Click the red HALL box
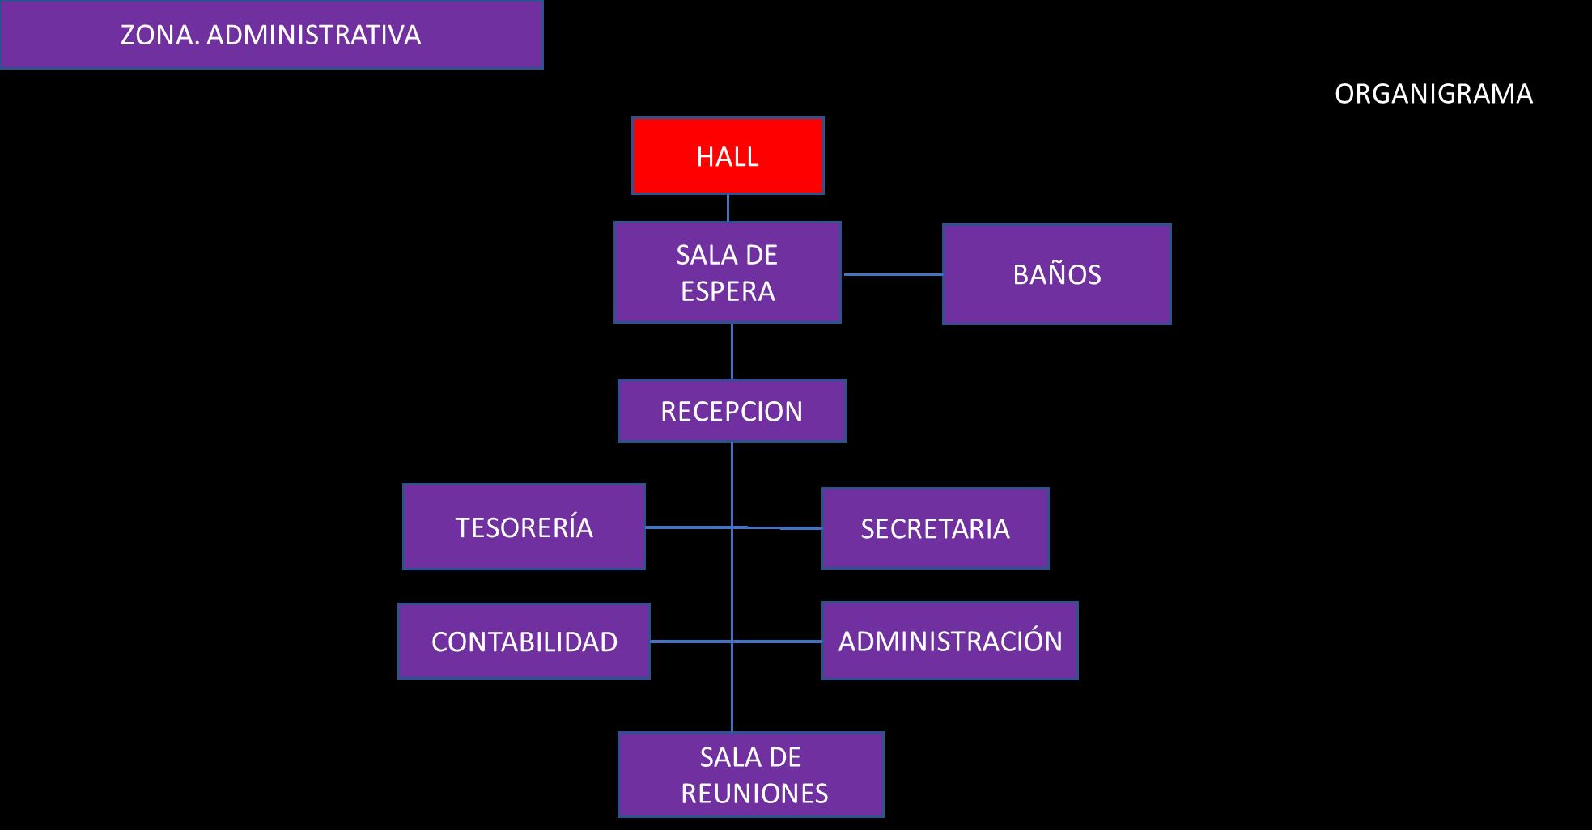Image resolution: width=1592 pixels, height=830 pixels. click(x=728, y=155)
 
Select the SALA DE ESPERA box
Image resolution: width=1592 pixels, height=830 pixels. click(x=727, y=273)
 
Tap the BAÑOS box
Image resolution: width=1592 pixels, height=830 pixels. click(x=1056, y=274)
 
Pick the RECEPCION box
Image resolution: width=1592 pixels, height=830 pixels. click(x=732, y=411)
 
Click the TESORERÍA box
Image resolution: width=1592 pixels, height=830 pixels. click(x=524, y=527)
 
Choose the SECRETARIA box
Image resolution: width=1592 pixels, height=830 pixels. click(x=935, y=528)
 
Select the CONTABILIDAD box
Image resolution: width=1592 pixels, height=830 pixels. click(x=524, y=641)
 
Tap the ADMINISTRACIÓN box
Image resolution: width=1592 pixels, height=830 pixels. click(x=949, y=641)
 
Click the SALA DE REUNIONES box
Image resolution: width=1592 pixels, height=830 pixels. click(x=750, y=774)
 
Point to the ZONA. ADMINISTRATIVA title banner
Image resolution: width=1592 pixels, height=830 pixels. click(x=271, y=35)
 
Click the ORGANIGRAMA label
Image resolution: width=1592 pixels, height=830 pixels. click(x=1433, y=94)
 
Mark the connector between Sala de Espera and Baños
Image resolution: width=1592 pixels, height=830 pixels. click(x=892, y=274)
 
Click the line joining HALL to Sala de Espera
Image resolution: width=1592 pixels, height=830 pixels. click(x=728, y=208)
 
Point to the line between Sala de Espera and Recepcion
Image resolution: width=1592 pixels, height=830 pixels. click(x=732, y=351)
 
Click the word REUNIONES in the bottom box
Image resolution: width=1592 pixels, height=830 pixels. click(x=754, y=794)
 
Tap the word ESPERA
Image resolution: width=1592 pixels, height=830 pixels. click(x=728, y=291)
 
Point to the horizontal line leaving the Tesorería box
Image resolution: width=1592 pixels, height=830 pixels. click(x=688, y=527)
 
